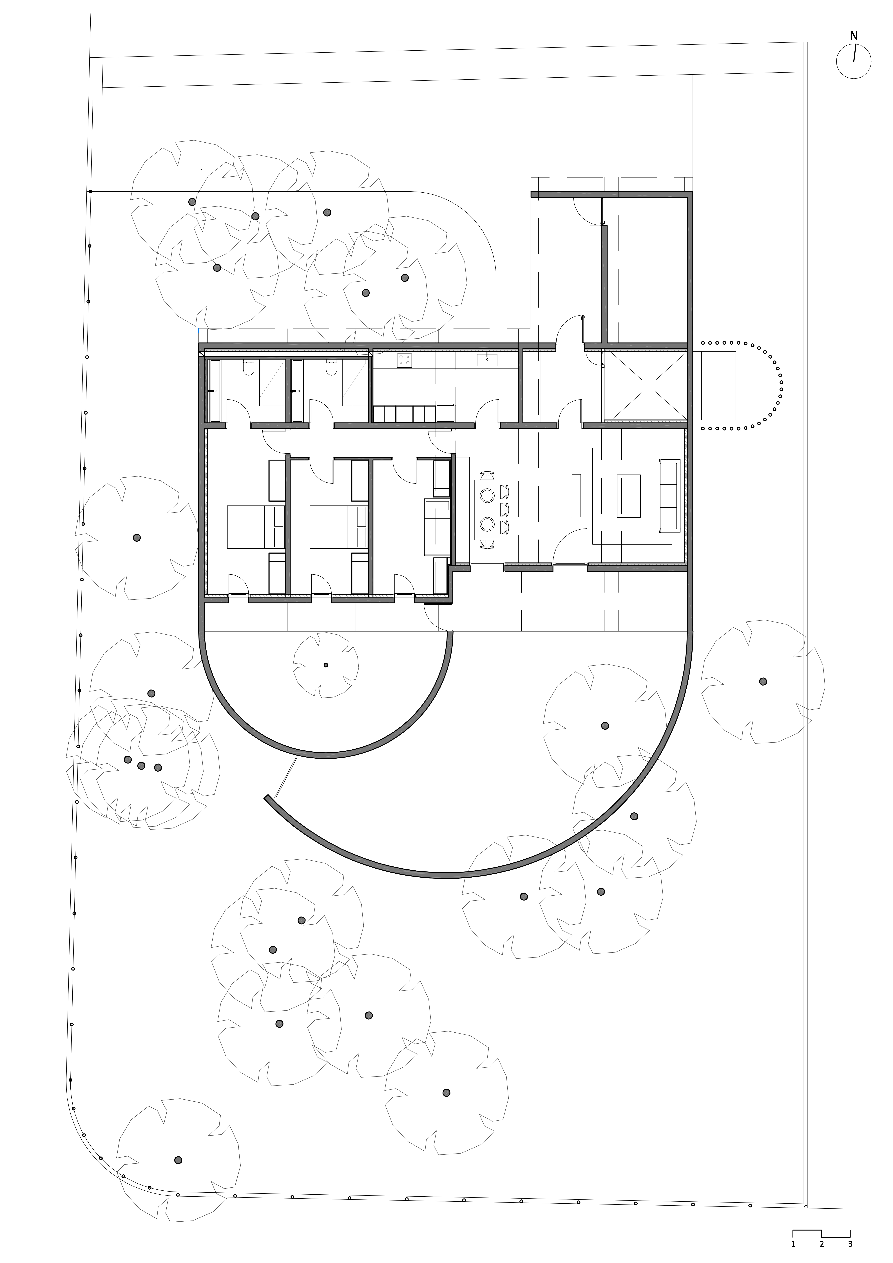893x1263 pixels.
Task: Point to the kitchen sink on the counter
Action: click(x=487, y=360)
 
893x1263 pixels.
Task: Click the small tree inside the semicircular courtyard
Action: click(x=326, y=665)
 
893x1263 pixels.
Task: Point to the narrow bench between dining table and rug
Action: click(x=576, y=495)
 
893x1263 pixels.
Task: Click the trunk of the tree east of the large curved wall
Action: click(x=763, y=681)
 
